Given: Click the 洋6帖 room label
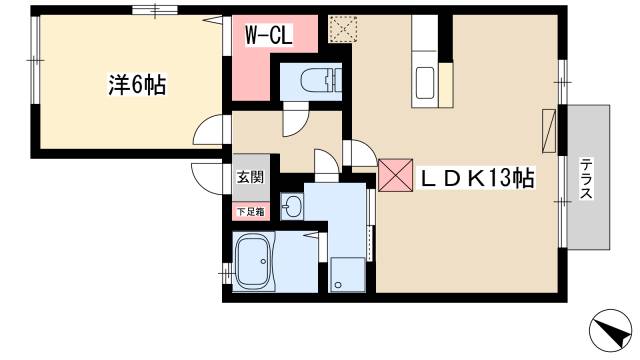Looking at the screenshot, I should click(x=137, y=87).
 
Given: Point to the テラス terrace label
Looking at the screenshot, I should click(x=587, y=178).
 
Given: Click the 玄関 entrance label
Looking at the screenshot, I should click(x=250, y=178).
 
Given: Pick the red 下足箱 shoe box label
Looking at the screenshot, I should click(x=250, y=211).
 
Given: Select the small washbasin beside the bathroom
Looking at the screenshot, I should click(x=291, y=207).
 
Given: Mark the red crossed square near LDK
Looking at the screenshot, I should click(x=393, y=175).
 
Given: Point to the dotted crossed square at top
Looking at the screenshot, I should click(x=343, y=29).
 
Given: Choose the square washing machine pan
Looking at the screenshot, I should click(x=346, y=272).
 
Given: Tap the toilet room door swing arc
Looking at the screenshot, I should click(x=296, y=123).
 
